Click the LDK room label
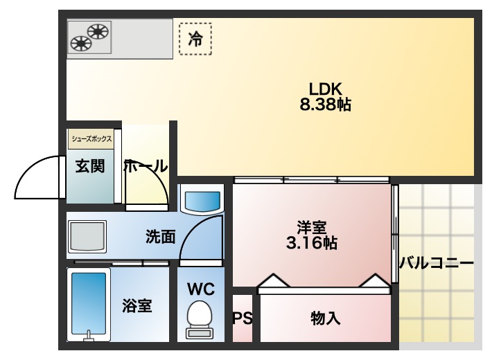326,89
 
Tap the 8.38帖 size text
325,105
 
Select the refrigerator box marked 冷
195,39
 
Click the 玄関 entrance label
90,167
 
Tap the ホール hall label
146,167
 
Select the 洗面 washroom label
160,237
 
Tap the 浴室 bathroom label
137,305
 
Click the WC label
200,289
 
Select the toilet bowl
200,319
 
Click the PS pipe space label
242,318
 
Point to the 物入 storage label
325,318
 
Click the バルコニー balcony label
437,263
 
